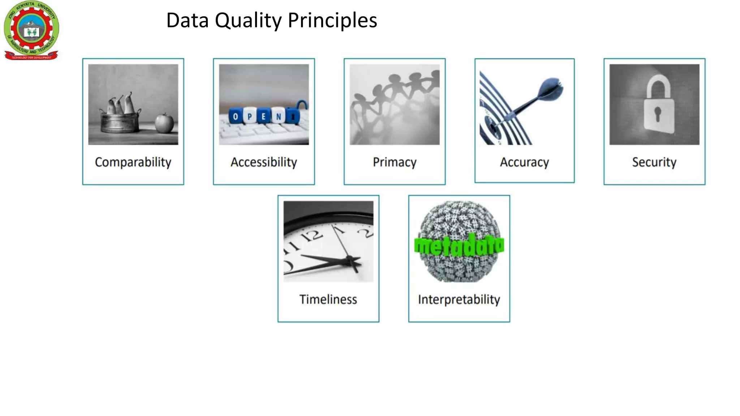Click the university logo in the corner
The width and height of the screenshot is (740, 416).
[x=31, y=30]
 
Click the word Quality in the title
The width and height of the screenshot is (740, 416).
[x=248, y=21]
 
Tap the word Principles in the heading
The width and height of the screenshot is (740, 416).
[x=332, y=21]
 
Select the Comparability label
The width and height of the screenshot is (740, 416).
[x=133, y=162]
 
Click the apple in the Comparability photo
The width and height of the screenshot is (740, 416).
[x=164, y=123]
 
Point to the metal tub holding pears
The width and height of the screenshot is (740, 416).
[x=120, y=122]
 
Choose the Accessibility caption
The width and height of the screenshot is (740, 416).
[x=264, y=162]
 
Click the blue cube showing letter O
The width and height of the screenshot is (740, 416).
[x=236, y=116]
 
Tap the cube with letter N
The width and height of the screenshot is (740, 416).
[x=278, y=116]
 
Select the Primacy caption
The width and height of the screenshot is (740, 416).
[x=395, y=162]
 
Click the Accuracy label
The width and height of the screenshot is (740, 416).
[x=524, y=162]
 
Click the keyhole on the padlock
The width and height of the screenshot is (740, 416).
[x=657, y=114]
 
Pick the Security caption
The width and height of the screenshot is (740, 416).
[x=654, y=162]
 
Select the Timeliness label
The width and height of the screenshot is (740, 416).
[x=328, y=299]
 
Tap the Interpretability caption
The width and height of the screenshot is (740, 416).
[x=459, y=299]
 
